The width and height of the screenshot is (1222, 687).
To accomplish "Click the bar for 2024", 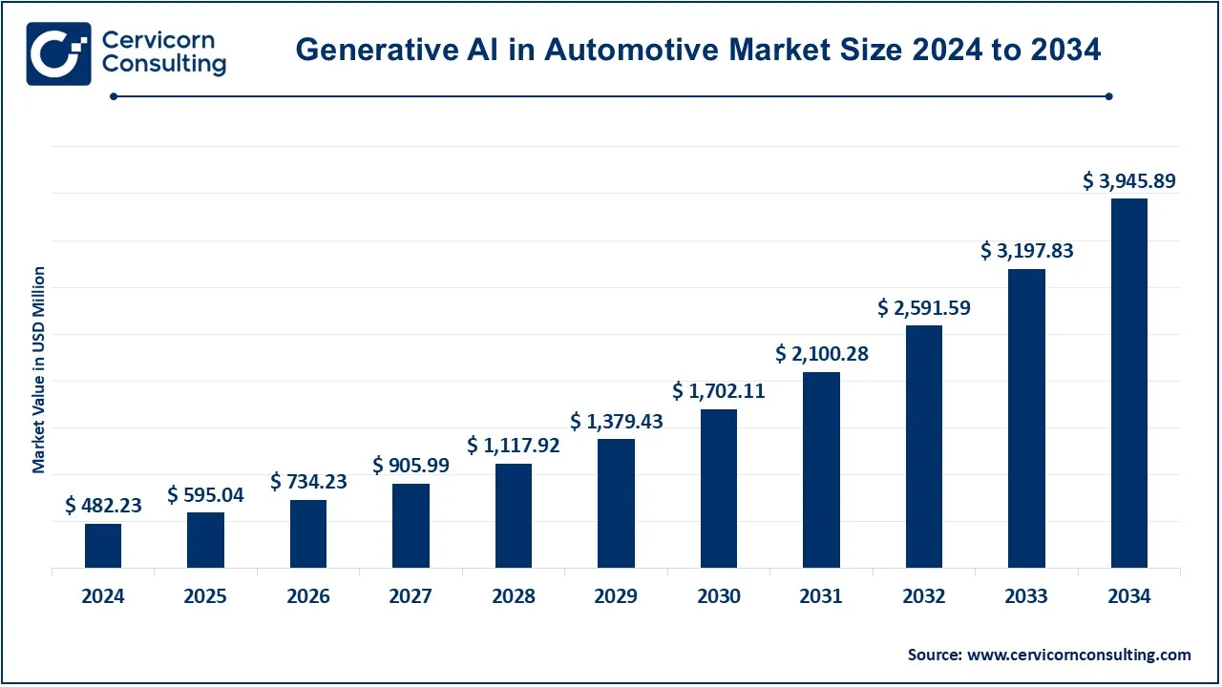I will (103, 546).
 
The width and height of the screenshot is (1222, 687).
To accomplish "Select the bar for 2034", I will (1129, 383).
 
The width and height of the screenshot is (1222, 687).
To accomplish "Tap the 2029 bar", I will (616, 503).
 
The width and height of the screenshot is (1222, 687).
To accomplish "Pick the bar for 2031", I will (821, 469).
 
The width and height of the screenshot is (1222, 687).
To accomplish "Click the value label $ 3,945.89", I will (1129, 180).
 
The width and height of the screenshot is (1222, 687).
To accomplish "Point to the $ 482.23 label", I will (103, 506).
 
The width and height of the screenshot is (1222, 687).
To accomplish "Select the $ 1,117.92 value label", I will (514, 445).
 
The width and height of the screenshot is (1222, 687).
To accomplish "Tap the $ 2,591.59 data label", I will (923, 308).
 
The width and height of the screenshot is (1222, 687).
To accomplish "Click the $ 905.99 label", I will (411, 465).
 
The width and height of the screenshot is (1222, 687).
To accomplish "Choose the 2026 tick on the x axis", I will (308, 596).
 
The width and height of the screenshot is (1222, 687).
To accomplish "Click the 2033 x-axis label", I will (1026, 596).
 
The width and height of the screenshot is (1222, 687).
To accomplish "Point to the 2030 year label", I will (719, 596).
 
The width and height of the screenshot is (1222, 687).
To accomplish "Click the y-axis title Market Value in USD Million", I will (39, 370).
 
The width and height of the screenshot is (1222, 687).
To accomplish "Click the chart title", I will (698, 50).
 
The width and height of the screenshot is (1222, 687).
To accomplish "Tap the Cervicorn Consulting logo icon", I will (58, 53).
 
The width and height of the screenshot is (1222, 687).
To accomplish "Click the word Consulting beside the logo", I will (164, 65).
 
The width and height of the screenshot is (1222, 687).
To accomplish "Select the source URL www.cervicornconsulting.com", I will (1079, 655).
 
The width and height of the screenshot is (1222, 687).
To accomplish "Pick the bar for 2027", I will (411, 525).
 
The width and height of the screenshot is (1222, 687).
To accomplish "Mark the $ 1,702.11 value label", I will (719, 390).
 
